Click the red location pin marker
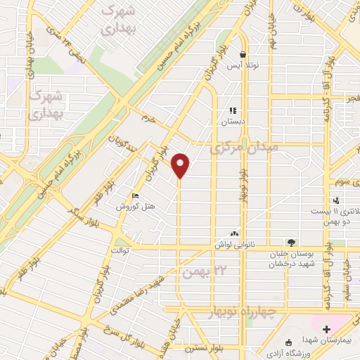click(x=181, y=165)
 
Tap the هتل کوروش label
click(x=136, y=207)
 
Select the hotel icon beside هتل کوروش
click(x=136, y=196)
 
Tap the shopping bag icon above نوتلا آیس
click(x=243, y=54)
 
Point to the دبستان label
click(x=234, y=120)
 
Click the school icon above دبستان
click(x=233, y=110)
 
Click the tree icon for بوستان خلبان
click(x=291, y=243)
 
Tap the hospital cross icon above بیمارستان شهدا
click(x=327, y=329)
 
